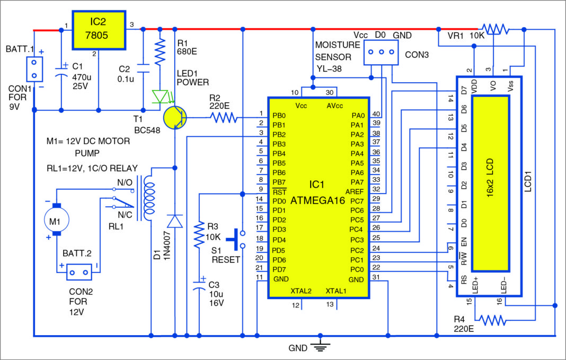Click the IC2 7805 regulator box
[99, 30]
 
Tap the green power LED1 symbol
[160, 96]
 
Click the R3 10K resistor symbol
[199, 235]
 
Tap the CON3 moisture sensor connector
[380, 52]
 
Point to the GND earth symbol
[320, 347]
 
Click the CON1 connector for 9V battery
[34, 69]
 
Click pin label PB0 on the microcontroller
[278, 115]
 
